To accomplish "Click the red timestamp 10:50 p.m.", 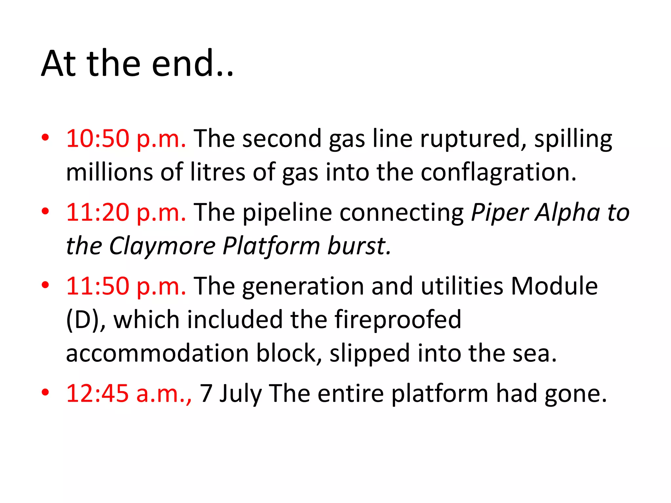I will point(126,139).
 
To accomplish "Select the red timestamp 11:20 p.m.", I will point(126,213).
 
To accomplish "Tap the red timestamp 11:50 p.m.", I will point(126,286).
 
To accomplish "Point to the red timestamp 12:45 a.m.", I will point(129,393).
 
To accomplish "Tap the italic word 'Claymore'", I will point(162,246).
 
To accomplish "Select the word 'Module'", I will point(554,286).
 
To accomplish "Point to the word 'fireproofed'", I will point(398,320).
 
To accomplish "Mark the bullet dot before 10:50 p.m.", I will point(45,137).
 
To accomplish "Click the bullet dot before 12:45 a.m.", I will point(45,392).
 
